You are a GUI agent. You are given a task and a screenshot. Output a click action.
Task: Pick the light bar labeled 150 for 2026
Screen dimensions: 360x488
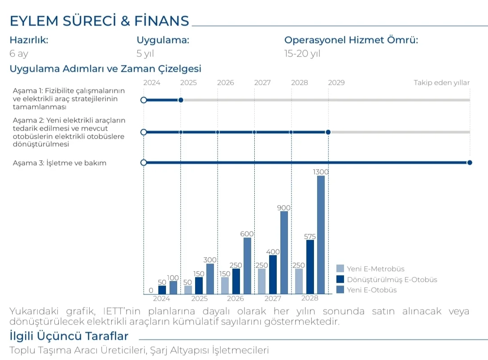[225, 285]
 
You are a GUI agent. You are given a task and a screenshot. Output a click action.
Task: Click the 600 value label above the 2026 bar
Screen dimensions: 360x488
[247, 234]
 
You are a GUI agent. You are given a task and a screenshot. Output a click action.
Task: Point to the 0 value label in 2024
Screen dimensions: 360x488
[151, 290]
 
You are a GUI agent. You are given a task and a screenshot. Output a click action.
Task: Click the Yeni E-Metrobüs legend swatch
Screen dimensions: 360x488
[340, 269]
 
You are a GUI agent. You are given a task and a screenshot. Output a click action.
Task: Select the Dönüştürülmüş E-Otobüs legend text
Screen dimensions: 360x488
[392, 280]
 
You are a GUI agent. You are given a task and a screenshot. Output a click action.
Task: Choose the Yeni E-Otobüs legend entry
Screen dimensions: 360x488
[372, 290]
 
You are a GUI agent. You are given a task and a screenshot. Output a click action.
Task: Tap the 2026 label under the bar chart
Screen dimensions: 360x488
[235, 299]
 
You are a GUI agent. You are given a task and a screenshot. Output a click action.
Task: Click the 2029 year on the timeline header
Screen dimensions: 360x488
[336, 83]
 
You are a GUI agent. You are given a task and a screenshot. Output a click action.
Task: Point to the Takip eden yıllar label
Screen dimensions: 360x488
[441, 83]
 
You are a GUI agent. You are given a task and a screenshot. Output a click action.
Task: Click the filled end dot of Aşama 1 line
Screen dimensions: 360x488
[181, 100]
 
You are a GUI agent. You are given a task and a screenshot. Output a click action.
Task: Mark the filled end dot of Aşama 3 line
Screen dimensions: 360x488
[470, 162]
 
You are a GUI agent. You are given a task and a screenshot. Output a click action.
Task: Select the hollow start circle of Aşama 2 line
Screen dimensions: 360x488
[144, 132]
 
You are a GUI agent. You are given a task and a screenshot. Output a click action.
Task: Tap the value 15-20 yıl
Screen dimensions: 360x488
[302, 54]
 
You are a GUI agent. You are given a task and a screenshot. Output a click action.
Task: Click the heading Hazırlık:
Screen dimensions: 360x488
[29, 40]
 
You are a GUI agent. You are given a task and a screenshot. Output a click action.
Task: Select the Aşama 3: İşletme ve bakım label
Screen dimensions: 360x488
[60, 163]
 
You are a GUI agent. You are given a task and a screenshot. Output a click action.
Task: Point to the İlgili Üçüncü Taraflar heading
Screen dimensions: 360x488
[69, 336]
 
